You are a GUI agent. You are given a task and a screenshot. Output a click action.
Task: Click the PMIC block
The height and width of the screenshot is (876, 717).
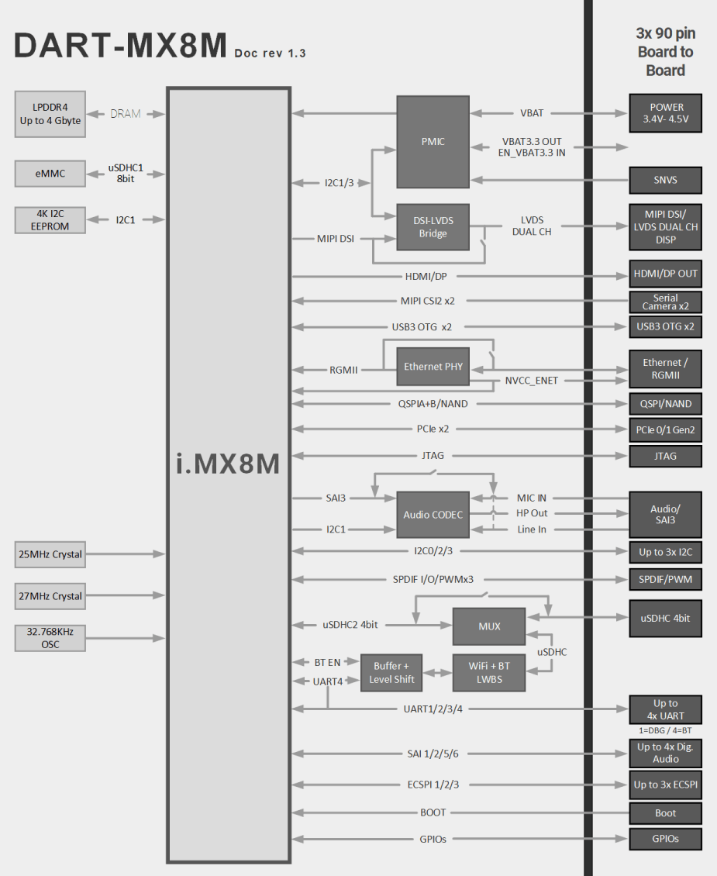point(433,141)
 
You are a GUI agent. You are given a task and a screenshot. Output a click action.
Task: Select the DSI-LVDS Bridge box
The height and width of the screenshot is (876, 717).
point(433,226)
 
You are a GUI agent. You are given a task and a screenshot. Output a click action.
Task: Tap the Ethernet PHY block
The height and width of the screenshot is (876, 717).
point(433,366)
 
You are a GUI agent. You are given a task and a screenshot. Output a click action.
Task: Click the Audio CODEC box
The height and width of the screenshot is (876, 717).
point(433,514)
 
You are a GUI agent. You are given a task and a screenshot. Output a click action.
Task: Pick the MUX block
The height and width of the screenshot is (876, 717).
point(488,626)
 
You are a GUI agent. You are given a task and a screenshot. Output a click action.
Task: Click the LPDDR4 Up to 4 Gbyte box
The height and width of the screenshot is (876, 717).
point(50,114)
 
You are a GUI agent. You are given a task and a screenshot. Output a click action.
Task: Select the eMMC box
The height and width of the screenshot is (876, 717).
point(50,174)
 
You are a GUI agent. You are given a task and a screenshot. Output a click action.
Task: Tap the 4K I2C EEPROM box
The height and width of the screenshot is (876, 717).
point(50,219)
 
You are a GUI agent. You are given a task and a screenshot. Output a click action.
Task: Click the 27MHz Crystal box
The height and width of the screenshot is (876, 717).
point(50,596)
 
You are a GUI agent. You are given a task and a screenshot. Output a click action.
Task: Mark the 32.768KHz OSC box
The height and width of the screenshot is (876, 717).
point(50,638)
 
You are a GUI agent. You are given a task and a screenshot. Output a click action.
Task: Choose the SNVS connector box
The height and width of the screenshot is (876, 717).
point(665,180)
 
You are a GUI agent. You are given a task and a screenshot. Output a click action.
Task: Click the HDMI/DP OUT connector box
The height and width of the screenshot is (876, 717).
point(665,274)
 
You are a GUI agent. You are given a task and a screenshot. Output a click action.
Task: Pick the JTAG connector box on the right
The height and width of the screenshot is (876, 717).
point(665,456)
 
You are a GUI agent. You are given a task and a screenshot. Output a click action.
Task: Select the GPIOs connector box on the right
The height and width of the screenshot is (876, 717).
point(665,838)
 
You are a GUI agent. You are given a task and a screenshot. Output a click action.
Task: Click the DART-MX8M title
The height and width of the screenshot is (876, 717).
point(120,46)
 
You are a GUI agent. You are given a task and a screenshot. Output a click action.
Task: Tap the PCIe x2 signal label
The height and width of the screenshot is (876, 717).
point(433,429)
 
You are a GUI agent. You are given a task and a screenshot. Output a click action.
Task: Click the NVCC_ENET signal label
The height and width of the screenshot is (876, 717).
point(532,381)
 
